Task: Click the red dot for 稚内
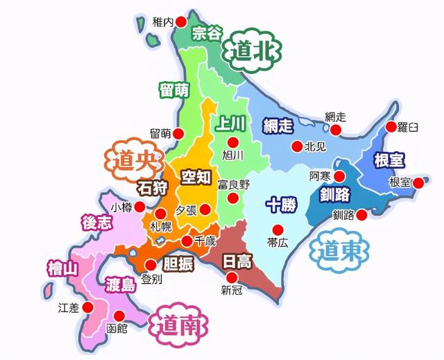click(182, 22)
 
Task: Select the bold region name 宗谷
click(208, 33)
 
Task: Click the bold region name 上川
click(230, 123)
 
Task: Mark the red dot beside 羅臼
click(391, 127)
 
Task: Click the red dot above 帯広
click(277, 230)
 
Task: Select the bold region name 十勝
click(282, 205)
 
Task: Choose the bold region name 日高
click(237, 262)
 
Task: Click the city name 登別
click(151, 279)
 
